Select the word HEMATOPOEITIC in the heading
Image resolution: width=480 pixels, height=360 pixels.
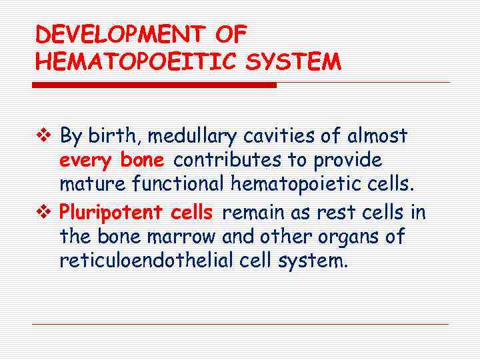[x=134, y=62]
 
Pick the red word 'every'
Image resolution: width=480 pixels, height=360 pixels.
[x=87, y=161]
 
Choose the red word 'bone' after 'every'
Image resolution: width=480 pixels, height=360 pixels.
[x=142, y=160]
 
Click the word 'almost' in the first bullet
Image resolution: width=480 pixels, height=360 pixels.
[x=376, y=136]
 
